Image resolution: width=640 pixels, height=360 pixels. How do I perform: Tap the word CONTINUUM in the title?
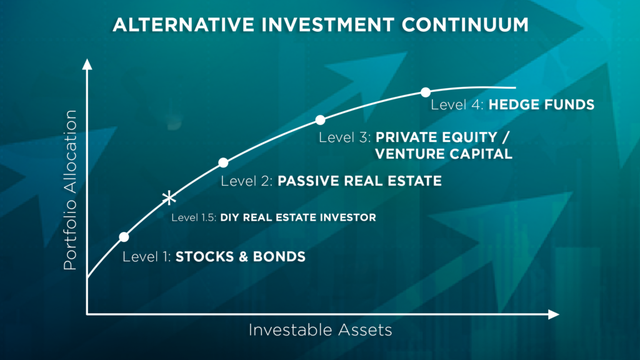pos(465,24)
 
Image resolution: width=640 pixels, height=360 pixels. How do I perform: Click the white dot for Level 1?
pos(124,237)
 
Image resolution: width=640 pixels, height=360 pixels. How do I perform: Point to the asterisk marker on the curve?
pos(169,199)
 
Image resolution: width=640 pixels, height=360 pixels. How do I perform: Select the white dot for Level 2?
pos(223,163)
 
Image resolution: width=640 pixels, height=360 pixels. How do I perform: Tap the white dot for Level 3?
pos(321,120)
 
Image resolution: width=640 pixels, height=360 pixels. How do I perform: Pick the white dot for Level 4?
pos(426,92)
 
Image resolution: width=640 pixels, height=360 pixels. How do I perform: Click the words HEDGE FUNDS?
pos(542,105)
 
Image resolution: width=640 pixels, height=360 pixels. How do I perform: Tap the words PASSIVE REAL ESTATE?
pos(359,181)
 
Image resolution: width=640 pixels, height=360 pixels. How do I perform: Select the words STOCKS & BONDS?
pos(241,257)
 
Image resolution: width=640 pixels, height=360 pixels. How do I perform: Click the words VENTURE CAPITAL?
pos(444,154)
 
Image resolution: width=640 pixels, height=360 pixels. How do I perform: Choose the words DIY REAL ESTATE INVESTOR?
pos(298,217)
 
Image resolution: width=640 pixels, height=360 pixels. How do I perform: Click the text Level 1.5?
pos(194,217)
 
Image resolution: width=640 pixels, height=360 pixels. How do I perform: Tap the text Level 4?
pos(457,105)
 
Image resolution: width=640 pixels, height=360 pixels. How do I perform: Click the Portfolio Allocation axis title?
pos(70,190)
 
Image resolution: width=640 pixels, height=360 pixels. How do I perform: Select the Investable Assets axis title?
pos(321,330)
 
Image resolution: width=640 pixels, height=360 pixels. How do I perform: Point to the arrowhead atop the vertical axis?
pos(87,64)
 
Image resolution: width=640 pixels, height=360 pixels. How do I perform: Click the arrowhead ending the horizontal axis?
pos(554,314)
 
